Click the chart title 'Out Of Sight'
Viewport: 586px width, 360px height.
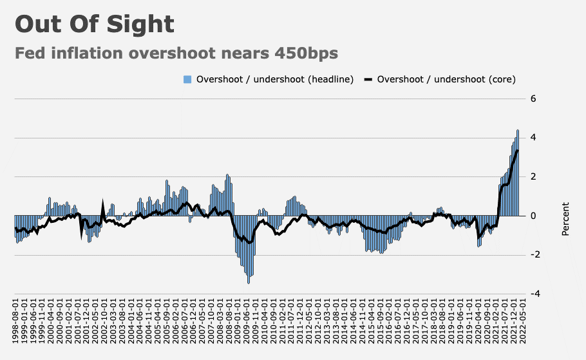[x=95, y=24]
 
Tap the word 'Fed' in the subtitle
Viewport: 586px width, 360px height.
[x=31, y=53]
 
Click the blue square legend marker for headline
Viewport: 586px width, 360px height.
[x=187, y=79]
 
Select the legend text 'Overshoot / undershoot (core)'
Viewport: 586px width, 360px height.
[x=446, y=79]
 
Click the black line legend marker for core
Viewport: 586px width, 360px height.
[x=368, y=79]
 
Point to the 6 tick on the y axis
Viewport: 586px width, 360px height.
[x=533, y=99]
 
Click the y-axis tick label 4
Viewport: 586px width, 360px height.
[x=533, y=138]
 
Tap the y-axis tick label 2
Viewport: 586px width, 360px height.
[x=533, y=176]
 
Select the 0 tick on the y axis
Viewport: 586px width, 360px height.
[x=533, y=216]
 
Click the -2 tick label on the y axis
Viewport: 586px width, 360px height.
[x=532, y=255]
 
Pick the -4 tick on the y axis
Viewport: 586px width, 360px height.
[x=532, y=294]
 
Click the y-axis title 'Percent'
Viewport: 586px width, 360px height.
[x=565, y=219]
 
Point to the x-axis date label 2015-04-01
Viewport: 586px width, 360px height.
[x=372, y=325]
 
